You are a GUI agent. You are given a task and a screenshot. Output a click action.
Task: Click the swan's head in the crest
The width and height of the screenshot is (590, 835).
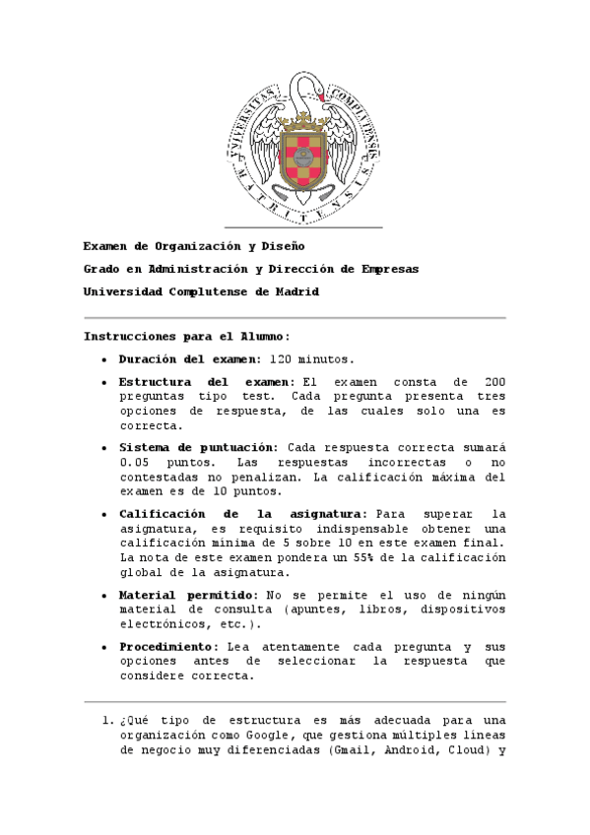click(318, 94)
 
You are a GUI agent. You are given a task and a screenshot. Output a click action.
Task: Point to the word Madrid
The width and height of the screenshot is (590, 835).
click(297, 292)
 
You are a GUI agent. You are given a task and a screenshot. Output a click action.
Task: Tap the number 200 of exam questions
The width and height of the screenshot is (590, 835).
click(493, 381)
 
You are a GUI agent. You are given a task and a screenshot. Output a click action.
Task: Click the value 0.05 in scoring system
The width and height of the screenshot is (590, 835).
click(135, 462)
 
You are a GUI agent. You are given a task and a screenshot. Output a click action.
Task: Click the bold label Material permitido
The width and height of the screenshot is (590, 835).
click(186, 595)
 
